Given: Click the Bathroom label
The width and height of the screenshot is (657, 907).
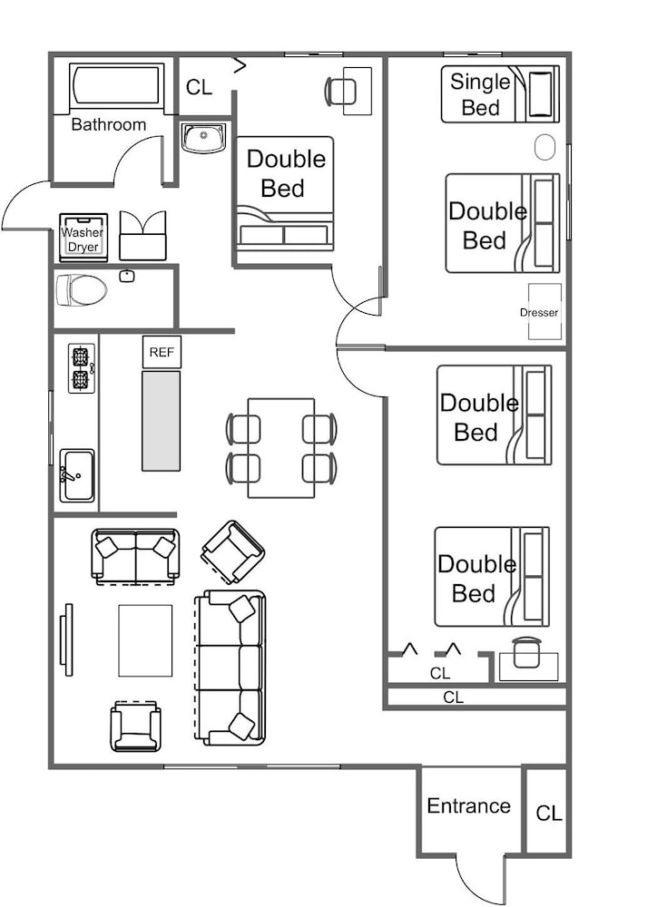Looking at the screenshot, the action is (108, 124).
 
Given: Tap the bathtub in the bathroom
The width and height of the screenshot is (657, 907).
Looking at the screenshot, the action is (116, 85).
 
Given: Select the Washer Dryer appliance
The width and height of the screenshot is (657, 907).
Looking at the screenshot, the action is (83, 237).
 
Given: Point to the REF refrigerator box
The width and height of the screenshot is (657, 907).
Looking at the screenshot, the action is (162, 352).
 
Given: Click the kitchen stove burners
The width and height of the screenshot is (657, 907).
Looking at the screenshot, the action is (81, 368).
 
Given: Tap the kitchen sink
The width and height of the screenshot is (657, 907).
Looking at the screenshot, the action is (77, 475).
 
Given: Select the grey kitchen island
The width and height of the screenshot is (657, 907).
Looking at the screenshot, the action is (161, 421).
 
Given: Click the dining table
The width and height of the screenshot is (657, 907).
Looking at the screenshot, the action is (281, 448).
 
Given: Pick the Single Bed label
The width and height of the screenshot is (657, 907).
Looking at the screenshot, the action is (480, 94).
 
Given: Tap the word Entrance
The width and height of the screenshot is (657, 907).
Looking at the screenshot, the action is (469, 805).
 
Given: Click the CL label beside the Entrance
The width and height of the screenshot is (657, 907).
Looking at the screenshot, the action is (549, 814).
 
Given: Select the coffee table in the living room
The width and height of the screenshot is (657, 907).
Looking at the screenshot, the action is (145, 640).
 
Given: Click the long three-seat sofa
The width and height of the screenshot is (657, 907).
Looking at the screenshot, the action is (230, 668).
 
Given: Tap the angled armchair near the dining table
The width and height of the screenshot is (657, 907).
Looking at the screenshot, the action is (232, 551).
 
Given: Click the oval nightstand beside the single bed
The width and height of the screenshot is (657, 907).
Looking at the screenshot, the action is (544, 148).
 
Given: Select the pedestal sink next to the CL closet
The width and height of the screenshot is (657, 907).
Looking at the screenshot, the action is (203, 138).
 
